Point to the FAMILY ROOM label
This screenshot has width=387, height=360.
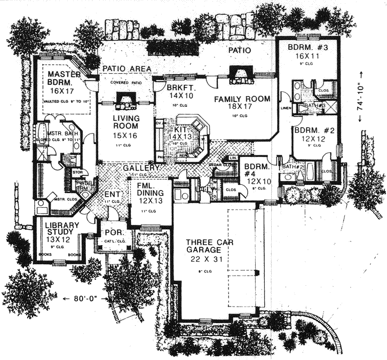pyautogui.click(x=242, y=99)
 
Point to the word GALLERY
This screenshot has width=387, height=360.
pyautogui.click(x=142, y=168)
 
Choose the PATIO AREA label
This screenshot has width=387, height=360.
pyautogui.click(x=126, y=69)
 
